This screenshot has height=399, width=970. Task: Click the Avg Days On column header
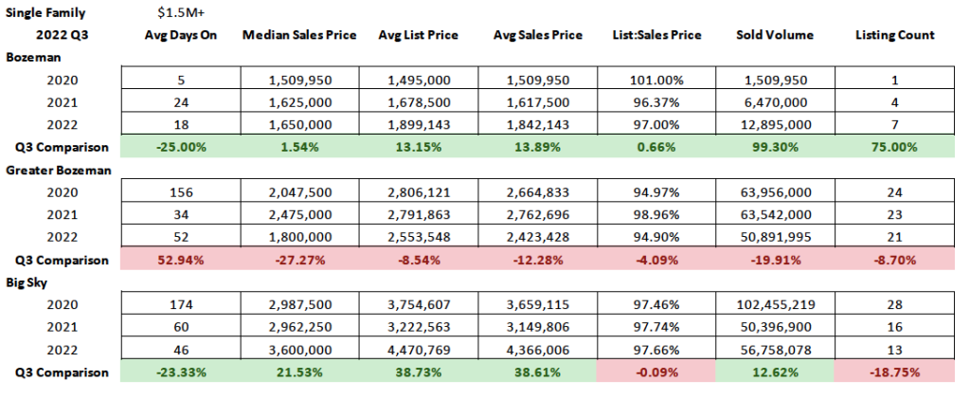(177, 35)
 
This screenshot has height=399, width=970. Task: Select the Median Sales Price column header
(299, 35)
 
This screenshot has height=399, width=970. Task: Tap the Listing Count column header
(894, 35)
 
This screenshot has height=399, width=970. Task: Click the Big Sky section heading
(27, 281)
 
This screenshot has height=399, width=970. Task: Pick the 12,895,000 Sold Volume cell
(775, 124)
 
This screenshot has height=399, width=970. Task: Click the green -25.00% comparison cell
(178, 148)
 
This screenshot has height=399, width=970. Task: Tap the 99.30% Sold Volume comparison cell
(775, 148)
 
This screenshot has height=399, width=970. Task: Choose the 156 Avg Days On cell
(178, 192)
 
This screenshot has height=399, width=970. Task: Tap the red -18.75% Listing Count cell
(894, 372)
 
